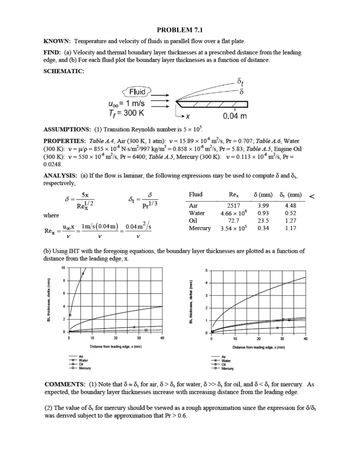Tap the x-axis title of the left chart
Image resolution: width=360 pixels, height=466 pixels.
click(115, 347)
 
